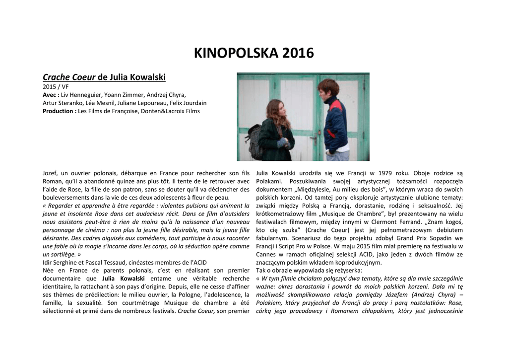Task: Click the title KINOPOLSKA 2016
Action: click(254, 53)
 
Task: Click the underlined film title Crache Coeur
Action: click(69, 77)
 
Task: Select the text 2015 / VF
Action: click(56, 86)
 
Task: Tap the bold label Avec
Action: click(51, 95)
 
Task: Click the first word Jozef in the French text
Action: click(51, 173)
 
